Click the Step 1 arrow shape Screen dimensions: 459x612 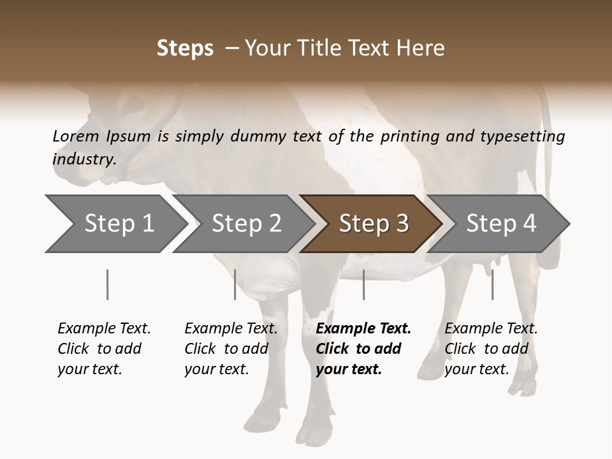tap(115, 224)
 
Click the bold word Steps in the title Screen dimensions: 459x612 tap(185, 48)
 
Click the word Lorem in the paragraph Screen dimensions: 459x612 tap(75, 136)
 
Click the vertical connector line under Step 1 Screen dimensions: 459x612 tap(107, 284)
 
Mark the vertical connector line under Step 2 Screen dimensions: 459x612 tap(235, 284)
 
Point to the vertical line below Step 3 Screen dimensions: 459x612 tap(363, 284)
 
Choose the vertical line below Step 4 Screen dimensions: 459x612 tap(492, 284)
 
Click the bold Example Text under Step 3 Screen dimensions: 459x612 tap(363, 329)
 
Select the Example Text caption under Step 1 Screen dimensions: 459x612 tap(104, 329)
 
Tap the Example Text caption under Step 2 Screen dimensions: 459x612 tap(231, 329)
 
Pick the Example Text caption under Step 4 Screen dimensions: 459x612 tap(491, 329)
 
